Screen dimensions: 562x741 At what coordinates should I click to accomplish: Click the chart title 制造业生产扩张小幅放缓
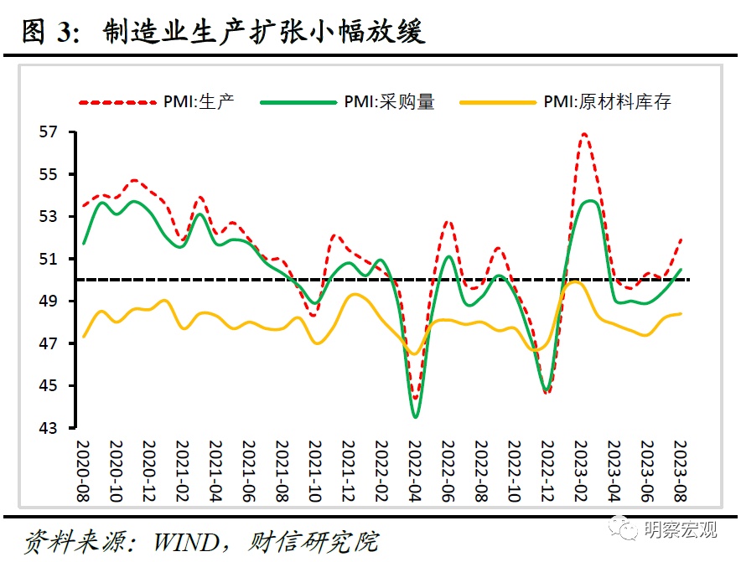click(x=264, y=32)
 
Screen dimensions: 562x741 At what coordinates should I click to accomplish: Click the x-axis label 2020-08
click(x=83, y=471)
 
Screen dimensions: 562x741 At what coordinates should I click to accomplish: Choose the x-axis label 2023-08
click(x=677, y=471)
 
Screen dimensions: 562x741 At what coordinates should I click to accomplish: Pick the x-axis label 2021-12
click(x=347, y=471)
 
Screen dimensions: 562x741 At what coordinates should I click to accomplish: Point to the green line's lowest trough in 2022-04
click(x=416, y=416)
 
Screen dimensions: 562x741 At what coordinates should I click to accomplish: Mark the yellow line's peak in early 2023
click(x=575, y=282)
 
